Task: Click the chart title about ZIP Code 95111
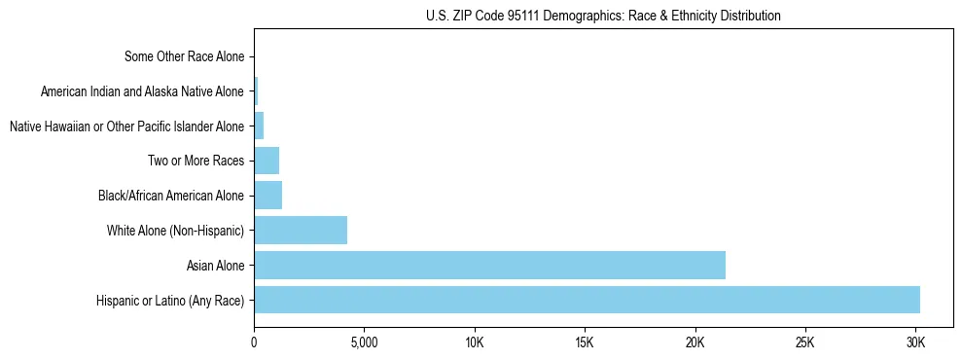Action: pos(603,16)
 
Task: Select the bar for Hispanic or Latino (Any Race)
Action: pos(587,300)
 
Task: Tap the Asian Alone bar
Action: pos(489,265)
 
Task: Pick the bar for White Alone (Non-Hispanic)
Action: pos(301,231)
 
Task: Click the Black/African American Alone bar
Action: pos(267,196)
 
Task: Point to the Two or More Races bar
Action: pos(267,161)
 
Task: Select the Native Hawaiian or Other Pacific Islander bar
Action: pos(259,126)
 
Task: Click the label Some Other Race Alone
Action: pos(185,56)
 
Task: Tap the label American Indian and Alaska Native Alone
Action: pos(142,91)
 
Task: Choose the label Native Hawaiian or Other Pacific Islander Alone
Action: pos(126,126)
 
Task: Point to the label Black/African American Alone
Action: pos(171,196)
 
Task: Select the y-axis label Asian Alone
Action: pos(216,265)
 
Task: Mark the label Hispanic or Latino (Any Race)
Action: pos(170,300)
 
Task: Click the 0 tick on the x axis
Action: pos(254,342)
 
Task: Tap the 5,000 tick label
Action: pos(364,342)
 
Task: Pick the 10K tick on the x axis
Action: pos(475,342)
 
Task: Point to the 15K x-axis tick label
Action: pos(585,342)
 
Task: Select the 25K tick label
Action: pos(804,342)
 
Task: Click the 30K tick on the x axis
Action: pos(915,342)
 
